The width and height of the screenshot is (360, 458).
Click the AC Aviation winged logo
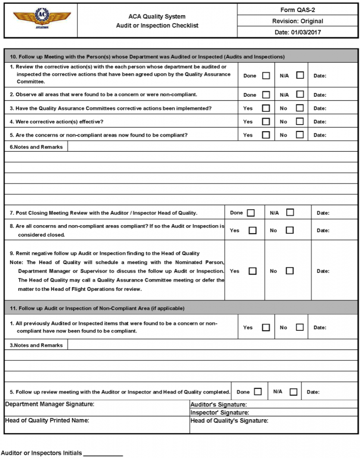pos(41,19)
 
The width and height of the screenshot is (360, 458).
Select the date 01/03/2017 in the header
pos(297,32)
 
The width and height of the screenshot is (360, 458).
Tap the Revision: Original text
pos(297,21)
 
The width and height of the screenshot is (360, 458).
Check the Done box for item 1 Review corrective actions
pos(266,75)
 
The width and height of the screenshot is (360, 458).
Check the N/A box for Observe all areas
pos(300,94)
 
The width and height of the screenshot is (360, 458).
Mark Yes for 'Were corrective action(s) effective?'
pos(266,122)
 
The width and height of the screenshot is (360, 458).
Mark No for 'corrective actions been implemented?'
pos(300,108)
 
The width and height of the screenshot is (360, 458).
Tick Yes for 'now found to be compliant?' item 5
pos(266,135)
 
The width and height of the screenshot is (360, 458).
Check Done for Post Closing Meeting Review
pos(250,213)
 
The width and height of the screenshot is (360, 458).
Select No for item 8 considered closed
pos(290,230)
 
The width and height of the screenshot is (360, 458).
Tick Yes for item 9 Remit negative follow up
pos(253,271)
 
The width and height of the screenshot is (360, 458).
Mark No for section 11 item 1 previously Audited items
pos(300,327)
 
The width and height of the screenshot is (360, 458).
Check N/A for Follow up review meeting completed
pos(294,392)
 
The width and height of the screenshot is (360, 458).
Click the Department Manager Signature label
pos(50,404)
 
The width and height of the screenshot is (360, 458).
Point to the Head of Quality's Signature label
pos(229,420)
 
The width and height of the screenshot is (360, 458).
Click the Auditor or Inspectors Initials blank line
pos(103,454)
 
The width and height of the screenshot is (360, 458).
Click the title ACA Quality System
pos(157,17)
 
